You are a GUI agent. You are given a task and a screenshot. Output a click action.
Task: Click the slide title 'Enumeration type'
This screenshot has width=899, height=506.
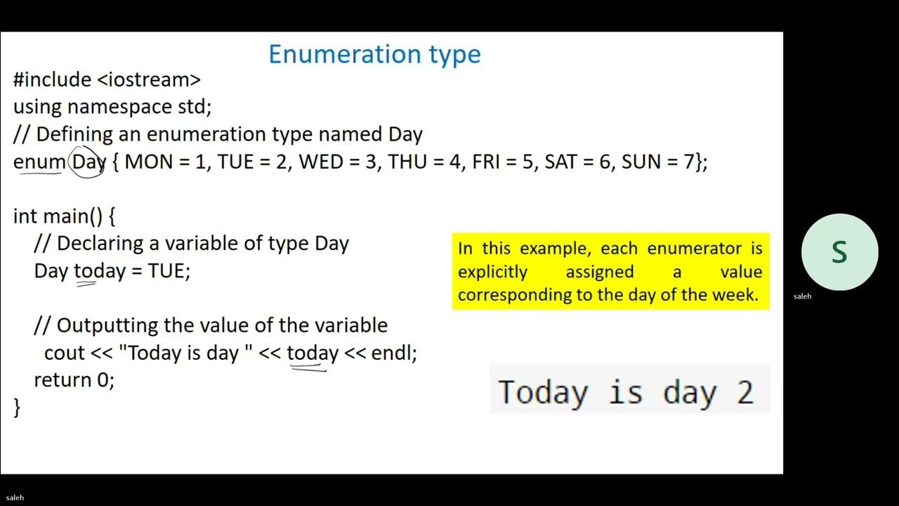374,54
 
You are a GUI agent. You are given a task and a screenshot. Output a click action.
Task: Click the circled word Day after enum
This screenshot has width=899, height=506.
88,162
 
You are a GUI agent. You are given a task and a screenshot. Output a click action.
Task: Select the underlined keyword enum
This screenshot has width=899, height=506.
39,162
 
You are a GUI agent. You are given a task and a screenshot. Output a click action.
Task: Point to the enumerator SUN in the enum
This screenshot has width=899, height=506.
641,162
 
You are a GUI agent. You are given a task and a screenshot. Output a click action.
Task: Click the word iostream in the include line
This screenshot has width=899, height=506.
149,79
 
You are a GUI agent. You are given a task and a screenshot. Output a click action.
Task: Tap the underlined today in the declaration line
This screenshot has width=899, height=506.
99,271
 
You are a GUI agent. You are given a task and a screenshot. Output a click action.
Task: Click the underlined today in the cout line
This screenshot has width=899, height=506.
313,353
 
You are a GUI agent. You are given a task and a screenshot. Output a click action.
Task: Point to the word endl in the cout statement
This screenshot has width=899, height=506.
391,353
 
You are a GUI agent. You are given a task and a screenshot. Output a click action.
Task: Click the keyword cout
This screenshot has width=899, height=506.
65,353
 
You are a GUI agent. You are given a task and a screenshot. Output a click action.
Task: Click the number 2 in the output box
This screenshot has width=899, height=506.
745,391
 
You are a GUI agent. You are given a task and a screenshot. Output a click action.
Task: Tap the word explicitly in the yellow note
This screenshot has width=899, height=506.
492,271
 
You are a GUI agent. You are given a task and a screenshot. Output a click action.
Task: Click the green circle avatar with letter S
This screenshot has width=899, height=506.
839,252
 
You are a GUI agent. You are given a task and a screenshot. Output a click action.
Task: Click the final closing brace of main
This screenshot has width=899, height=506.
17,408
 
